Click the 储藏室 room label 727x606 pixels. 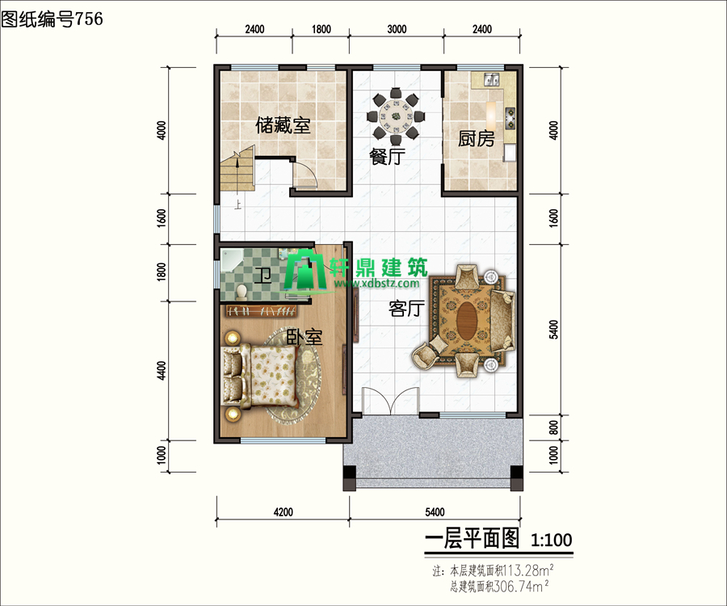point(283,125)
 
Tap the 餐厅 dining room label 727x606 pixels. point(387,157)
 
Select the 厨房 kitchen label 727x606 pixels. point(476,139)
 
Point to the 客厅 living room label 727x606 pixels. point(406,309)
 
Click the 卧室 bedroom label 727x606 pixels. point(304,337)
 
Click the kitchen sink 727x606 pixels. point(491,80)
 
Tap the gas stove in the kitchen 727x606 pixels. point(510,118)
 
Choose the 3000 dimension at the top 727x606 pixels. point(397,29)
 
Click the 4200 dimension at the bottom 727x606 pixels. point(283,512)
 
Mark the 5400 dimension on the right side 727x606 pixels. point(553,329)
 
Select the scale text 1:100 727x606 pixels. point(551,541)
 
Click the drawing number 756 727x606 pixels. point(89,19)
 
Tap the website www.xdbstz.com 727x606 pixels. point(376,284)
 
